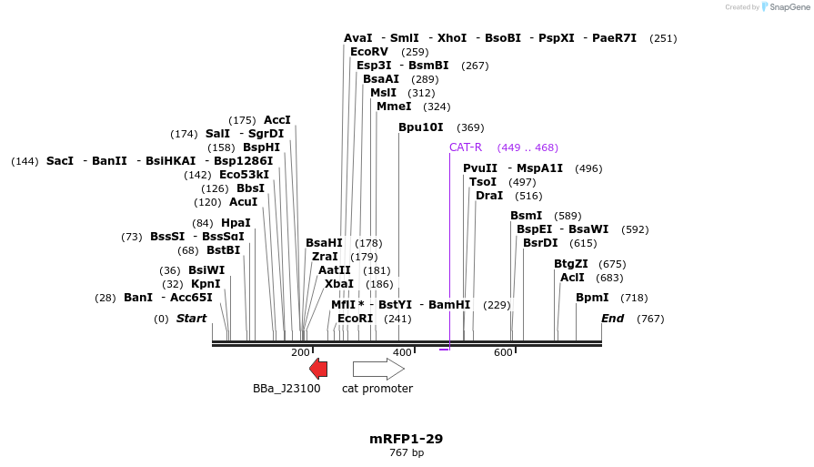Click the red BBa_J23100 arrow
(x=318, y=368)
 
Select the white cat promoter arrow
(x=378, y=369)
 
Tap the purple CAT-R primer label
(x=465, y=147)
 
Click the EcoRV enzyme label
(x=369, y=52)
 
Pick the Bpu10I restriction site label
(x=421, y=127)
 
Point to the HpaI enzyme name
(x=235, y=223)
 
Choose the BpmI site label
(x=592, y=298)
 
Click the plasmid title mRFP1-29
(x=406, y=439)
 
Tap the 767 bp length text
(x=407, y=452)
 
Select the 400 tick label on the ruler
(x=402, y=352)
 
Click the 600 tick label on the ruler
(x=503, y=352)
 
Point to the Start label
(x=191, y=319)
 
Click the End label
(x=612, y=319)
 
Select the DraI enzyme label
(x=489, y=196)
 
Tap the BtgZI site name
(x=571, y=264)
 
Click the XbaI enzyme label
(x=339, y=284)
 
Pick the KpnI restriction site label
(x=206, y=284)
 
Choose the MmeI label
(x=394, y=107)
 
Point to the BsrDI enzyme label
(x=540, y=243)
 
